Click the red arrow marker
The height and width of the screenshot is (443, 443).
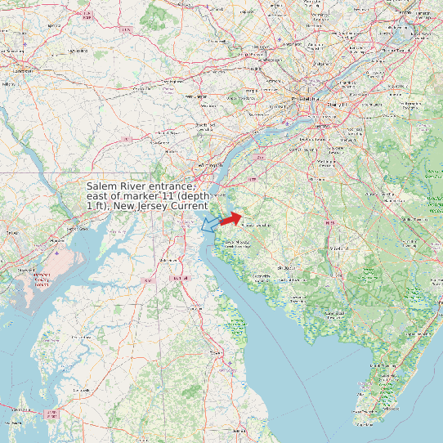(x=230, y=218)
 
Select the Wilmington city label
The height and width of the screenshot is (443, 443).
(x=215, y=165)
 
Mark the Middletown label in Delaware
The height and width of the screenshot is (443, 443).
(x=168, y=260)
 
